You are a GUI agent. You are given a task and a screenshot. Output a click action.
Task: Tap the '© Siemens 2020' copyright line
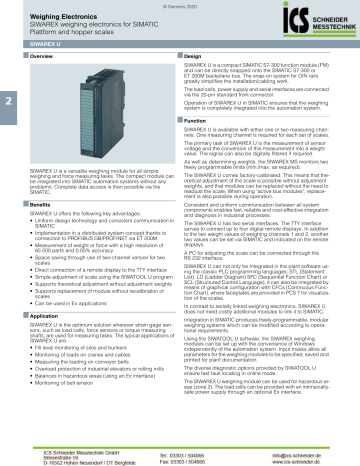pyautogui.click(x=180, y=5)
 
